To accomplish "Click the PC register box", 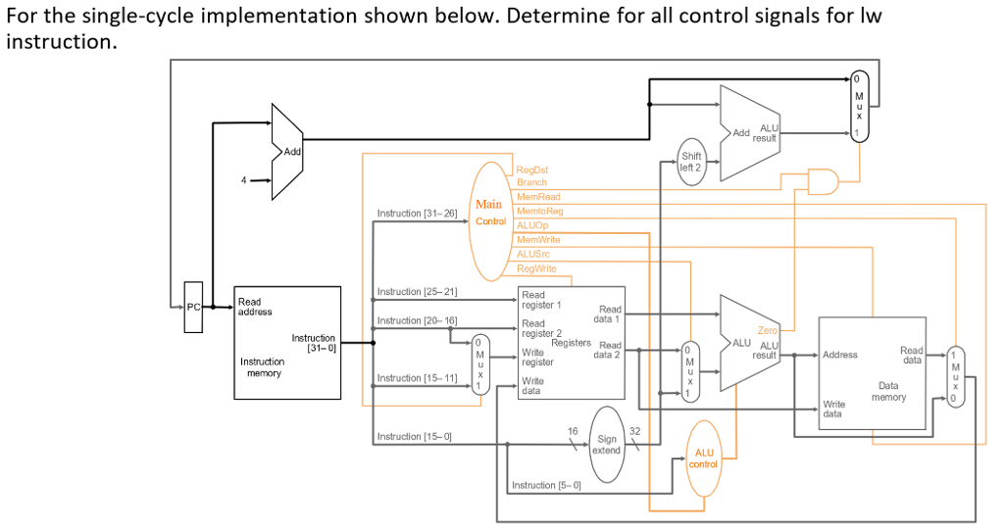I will click(x=193, y=308).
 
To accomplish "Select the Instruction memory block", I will click(x=286, y=343).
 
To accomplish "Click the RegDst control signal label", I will click(x=532, y=169).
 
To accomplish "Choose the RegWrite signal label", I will click(x=536, y=268).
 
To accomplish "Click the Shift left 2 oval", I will click(x=691, y=162).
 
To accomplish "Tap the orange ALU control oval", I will click(x=705, y=457).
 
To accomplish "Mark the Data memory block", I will click(x=872, y=373).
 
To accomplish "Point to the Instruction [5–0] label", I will click(x=546, y=485).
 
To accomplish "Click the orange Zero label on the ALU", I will click(x=766, y=331).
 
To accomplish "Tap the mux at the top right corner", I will click(x=859, y=106).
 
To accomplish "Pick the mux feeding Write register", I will click(x=478, y=364).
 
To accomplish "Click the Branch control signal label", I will click(x=531, y=183).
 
